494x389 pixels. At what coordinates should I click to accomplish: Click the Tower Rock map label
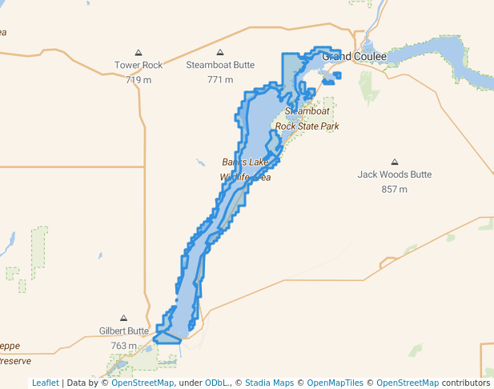point(138,65)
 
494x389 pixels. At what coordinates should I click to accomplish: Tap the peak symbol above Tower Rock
point(138,52)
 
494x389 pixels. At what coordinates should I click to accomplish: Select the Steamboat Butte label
point(220,65)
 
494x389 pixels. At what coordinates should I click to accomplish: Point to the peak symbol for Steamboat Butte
point(220,52)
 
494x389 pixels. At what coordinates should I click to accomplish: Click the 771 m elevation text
point(220,79)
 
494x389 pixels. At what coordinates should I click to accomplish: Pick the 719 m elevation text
point(138,79)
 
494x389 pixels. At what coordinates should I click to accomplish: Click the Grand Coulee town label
point(354,57)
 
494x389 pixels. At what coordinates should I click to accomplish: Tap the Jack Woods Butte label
point(395,174)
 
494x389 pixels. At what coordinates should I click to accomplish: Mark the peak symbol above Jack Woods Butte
point(394,162)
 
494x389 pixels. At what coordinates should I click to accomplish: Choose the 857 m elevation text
point(395,189)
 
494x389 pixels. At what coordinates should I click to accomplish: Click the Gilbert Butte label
point(124,331)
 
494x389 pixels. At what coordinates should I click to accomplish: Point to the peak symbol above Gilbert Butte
point(124,318)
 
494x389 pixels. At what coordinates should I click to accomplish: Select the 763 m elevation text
point(124,345)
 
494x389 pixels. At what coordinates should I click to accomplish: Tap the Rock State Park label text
point(307,126)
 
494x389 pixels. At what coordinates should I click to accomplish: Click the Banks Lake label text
point(245,162)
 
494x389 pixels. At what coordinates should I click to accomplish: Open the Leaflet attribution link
point(46,383)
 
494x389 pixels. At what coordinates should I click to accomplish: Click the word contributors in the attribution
point(466,383)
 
